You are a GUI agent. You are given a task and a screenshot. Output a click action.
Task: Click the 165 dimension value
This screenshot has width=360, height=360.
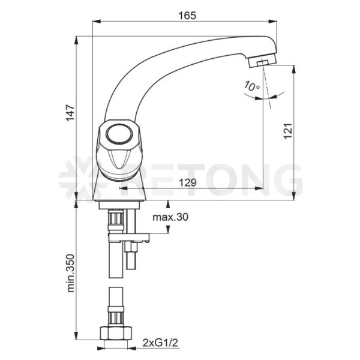coord(187,16)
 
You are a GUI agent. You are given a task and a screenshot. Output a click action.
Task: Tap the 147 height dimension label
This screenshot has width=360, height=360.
coord(70,113)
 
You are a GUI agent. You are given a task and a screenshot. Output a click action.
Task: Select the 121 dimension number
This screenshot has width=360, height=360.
coord(288,131)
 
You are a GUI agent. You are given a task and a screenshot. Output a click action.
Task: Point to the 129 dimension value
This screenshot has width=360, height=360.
coord(188,182)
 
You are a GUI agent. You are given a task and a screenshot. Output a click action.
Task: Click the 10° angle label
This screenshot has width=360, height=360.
coord(251,86)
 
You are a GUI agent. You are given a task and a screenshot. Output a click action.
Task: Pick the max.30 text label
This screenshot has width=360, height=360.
coord(170,217)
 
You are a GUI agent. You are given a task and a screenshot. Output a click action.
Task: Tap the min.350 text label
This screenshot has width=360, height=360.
coord(70,273)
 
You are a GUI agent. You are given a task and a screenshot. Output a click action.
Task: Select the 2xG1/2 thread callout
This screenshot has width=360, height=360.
coord(160,343)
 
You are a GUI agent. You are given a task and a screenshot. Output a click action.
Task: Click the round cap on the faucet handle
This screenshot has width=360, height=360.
coord(119,134)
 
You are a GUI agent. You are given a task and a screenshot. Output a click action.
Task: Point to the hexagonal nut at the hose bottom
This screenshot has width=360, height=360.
coord(116,334)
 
